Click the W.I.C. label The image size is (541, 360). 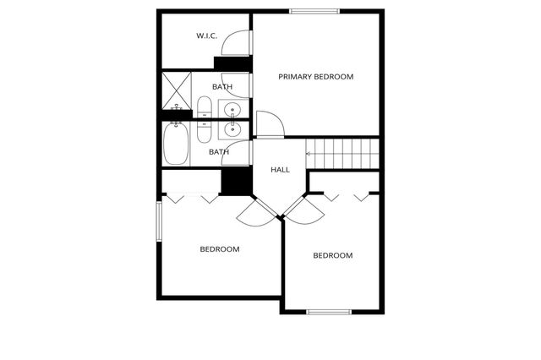point(206,35)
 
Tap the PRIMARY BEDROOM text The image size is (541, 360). point(316,77)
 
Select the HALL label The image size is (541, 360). point(280,170)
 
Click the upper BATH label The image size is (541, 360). point(222,87)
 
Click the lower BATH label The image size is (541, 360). point(219,152)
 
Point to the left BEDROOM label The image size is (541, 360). point(219,249)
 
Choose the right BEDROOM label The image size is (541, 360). point(332,255)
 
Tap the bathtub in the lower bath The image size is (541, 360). point(177,145)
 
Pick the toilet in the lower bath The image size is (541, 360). point(205,132)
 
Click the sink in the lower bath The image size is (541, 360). point(232,129)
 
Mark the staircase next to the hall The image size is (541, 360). point(342,154)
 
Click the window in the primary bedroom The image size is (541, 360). point(315,11)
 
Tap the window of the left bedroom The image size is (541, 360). point(158,221)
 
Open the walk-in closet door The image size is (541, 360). point(243,42)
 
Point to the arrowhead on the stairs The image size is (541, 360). point(309,154)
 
